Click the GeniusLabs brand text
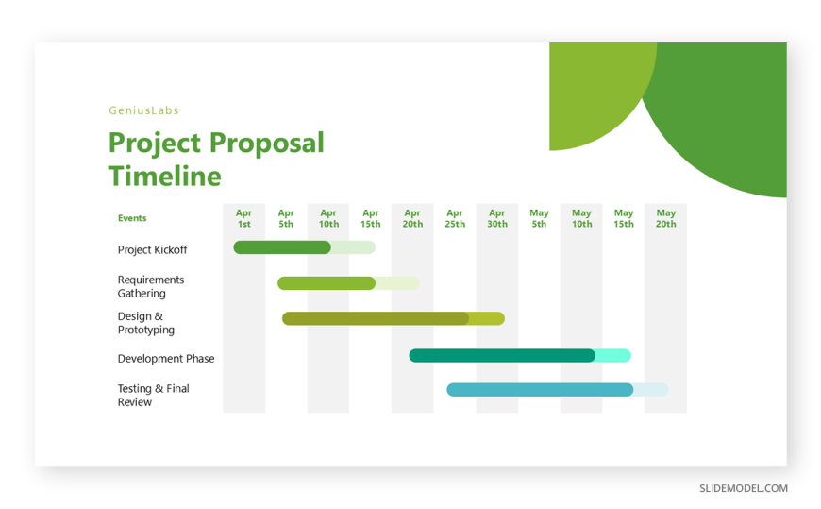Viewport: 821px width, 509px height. click(x=144, y=110)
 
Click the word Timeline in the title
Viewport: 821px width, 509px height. click(x=165, y=177)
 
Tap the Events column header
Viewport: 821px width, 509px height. click(x=132, y=218)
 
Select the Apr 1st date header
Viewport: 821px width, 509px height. click(x=244, y=218)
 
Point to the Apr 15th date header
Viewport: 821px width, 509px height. click(x=371, y=218)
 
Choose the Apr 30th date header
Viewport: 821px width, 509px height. click(x=497, y=218)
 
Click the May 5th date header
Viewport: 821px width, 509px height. click(x=539, y=218)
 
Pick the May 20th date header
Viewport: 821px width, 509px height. click(x=666, y=218)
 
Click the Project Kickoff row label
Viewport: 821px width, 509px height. click(x=152, y=250)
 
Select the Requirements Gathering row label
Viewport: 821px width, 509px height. click(x=151, y=287)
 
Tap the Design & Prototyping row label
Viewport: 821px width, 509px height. click(x=146, y=323)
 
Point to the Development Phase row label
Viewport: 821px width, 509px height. click(x=166, y=359)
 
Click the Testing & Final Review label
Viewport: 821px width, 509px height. click(x=154, y=396)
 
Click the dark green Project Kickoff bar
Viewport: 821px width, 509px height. click(x=282, y=247)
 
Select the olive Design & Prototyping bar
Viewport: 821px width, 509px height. click(x=376, y=318)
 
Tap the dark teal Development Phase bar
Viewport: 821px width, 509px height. click(x=502, y=356)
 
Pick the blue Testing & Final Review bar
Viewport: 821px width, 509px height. click(x=540, y=390)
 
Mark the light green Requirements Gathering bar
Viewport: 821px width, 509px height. click(x=327, y=283)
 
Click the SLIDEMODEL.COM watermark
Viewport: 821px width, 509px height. click(x=744, y=488)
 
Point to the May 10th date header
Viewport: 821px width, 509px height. click(x=581, y=218)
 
